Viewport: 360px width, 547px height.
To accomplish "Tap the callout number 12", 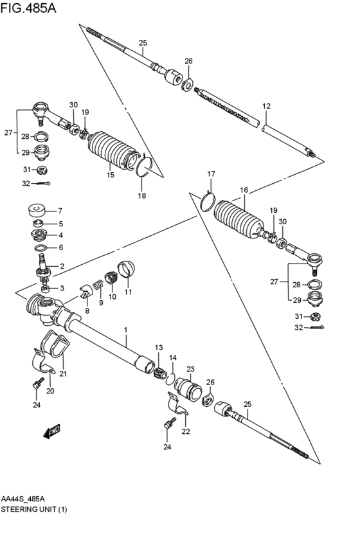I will click(266, 105).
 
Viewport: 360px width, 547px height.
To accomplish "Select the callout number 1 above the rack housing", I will click(126, 330).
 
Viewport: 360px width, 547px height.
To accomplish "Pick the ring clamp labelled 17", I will click(206, 200).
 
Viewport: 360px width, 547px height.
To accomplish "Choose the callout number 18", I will click(142, 195).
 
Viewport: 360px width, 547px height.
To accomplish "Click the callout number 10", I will click(113, 296).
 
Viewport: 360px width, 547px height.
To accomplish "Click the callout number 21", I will click(62, 374).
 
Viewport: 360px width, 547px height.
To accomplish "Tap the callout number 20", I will click(50, 390).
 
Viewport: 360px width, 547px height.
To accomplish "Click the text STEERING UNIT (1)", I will click(34, 509).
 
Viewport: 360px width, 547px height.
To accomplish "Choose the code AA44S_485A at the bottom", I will click(27, 498).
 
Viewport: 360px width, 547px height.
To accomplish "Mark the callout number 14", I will click(172, 357).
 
